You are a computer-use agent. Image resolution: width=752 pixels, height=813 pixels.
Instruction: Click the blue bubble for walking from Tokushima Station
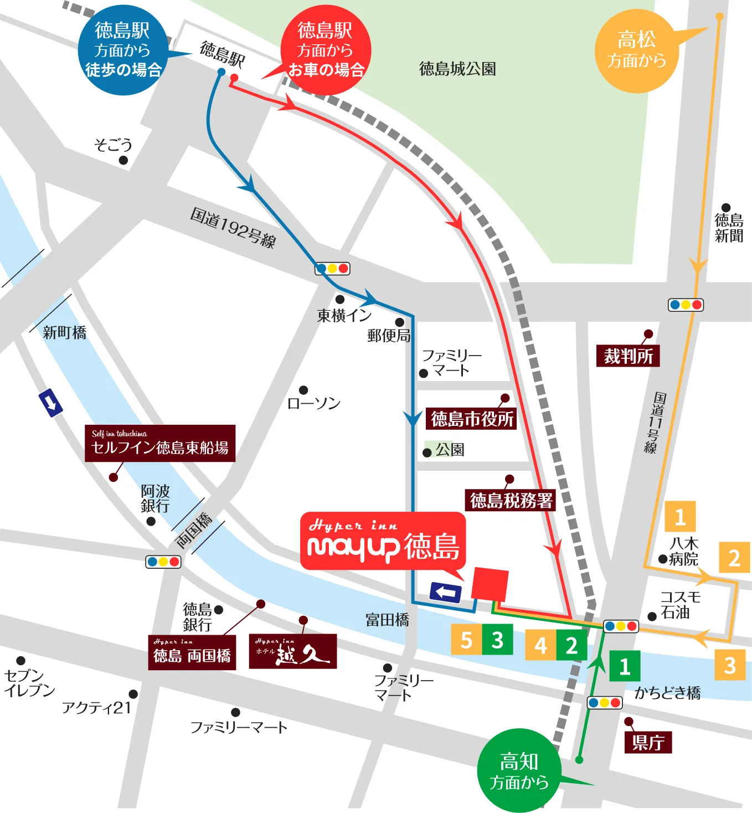coord(122,50)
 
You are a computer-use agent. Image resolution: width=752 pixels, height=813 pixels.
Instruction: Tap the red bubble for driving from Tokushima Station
coord(326,50)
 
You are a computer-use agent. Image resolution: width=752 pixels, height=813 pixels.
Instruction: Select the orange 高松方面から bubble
coord(636,50)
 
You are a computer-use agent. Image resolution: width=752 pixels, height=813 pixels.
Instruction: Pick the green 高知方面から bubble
coord(519,770)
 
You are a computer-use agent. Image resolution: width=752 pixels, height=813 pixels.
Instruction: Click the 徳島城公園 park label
coord(457,69)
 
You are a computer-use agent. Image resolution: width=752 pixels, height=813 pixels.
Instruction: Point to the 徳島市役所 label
coord(472,419)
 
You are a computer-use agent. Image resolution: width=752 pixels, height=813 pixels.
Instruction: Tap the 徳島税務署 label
coord(511,500)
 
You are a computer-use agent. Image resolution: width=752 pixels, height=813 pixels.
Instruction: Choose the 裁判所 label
coord(628,356)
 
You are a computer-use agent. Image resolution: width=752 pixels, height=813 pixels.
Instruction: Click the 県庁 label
coord(648,742)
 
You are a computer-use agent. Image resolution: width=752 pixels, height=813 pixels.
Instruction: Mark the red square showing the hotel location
coord(490,584)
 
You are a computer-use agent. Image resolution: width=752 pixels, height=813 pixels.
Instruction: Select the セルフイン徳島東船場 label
coord(160,444)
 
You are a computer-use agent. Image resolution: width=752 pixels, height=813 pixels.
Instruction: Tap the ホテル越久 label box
coord(292,651)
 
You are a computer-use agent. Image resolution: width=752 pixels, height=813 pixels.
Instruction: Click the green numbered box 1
coord(625,666)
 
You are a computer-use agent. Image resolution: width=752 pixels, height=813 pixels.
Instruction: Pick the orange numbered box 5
coord(466,640)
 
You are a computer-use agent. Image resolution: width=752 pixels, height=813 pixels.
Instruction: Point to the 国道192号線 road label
coord(233,228)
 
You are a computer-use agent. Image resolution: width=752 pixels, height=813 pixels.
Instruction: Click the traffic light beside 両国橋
coord(163,562)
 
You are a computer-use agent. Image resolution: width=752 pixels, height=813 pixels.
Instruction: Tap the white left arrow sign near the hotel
coord(446,593)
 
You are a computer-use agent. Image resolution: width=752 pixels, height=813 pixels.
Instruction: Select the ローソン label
coord(314,403)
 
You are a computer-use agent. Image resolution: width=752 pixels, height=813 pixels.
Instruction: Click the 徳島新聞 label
coord(729,228)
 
